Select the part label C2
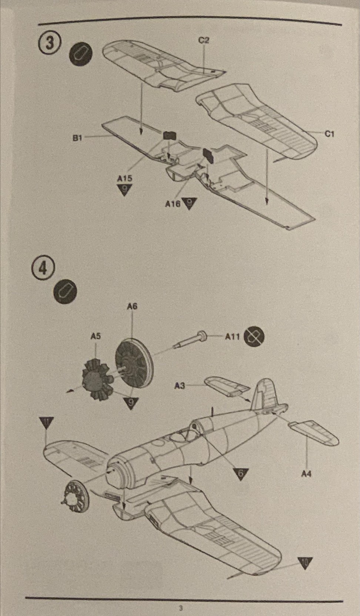click(x=204, y=40)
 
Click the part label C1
click(x=329, y=134)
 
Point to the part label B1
click(x=77, y=138)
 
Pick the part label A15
click(x=124, y=178)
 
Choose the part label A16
click(x=173, y=204)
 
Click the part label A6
click(x=132, y=306)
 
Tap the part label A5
click(x=96, y=336)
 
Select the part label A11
click(x=233, y=337)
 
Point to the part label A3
click(x=180, y=386)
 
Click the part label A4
click(x=306, y=473)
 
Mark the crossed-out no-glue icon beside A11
click(x=254, y=336)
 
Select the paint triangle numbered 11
click(x=46, y=422)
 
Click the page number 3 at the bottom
click(x=181, y=608)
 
